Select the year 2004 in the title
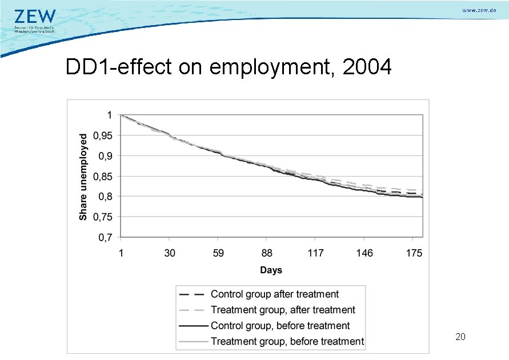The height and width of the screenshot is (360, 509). pyautogui.click(x=367, y=67)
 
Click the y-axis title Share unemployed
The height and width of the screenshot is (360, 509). pyautogui.click(x=83, y=177)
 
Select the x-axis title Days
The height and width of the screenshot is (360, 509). pyautogui.click(x=271, y=270)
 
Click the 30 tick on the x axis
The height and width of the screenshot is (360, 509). pyautogui.click(x=170, y=253)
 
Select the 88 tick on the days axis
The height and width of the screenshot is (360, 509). pyautogui.click(x=267, y=253)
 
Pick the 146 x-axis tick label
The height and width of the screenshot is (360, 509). pyautogui.click(x=364, y=253)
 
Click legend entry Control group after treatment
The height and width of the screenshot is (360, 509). pyautogui.click(x=274, y=294)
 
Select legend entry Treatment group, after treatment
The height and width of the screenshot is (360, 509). pyautogui.click(x=282, y=310)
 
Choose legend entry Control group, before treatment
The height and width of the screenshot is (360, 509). pyautogui.click(x=280, y=326)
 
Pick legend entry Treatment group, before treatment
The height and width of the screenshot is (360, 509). pyautogui.click(x=287, y=341)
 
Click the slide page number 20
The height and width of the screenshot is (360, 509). pyautogui.click(x=460, y=337)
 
